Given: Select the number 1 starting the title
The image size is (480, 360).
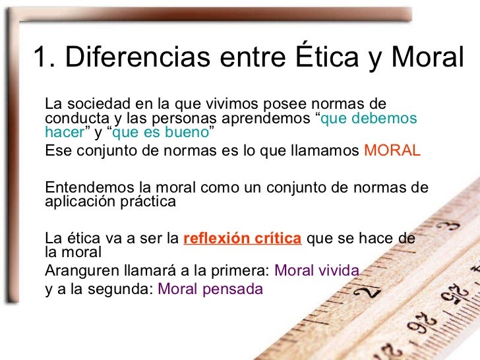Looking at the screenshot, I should tap(41, 59).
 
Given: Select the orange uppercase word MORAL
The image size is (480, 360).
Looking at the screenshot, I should tap(392, 150).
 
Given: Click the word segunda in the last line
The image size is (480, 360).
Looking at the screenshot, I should tap(127, 289).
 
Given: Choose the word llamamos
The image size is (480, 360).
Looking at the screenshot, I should tap(326, 150).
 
